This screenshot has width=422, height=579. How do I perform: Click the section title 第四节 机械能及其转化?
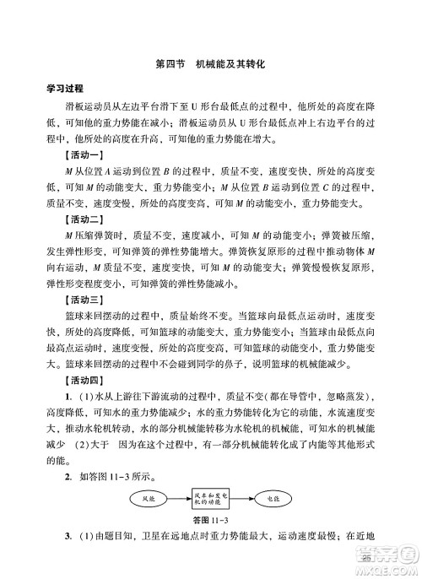click(211, 64)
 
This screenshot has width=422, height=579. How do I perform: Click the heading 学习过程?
click(68, 89)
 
